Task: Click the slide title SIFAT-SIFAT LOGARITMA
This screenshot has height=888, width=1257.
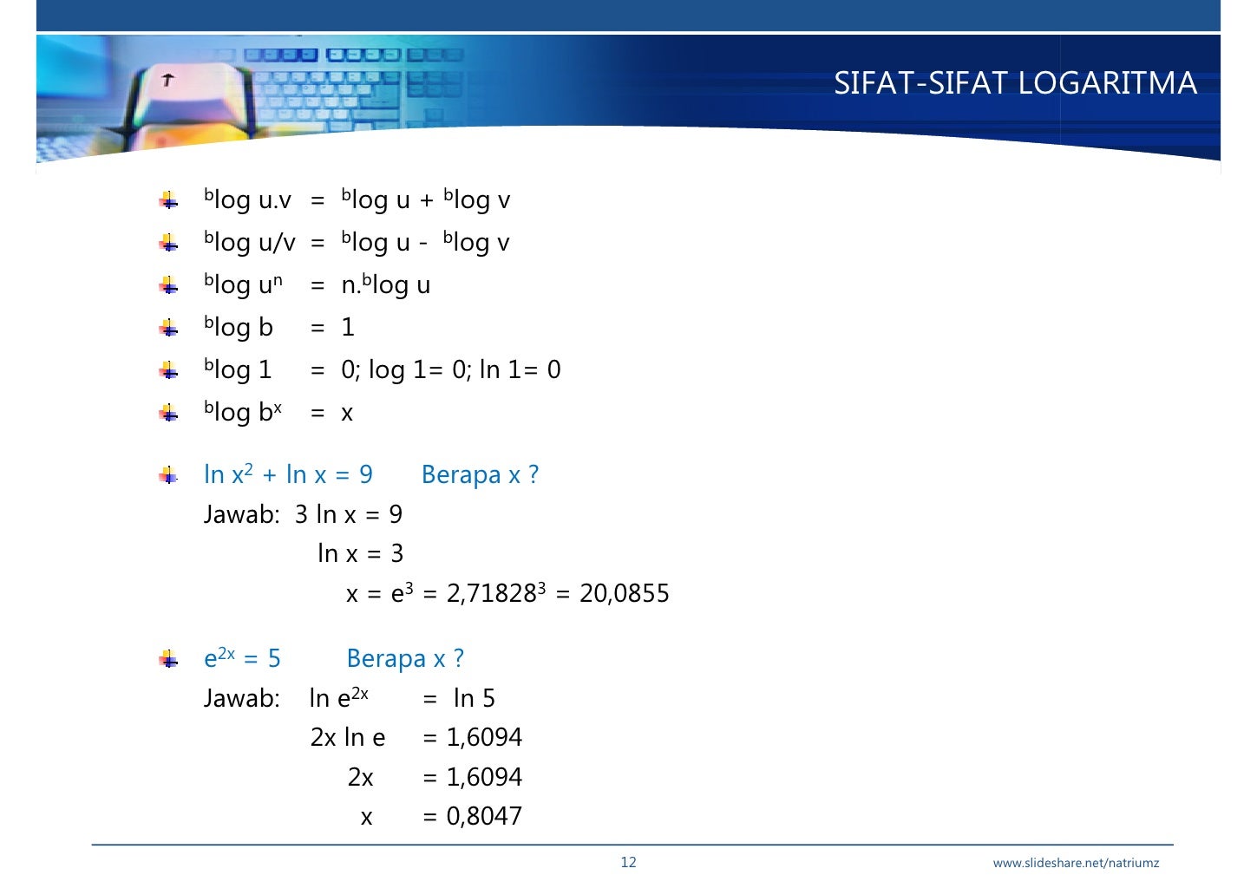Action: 1015,83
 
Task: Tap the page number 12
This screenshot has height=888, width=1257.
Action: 628,862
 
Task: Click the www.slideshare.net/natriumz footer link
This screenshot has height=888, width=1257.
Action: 1076,863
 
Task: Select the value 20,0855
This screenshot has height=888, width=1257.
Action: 625,594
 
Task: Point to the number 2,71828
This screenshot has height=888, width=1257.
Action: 492,594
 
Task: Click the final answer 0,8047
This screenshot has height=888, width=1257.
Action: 484,816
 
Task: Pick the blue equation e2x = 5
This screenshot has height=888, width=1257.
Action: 242,658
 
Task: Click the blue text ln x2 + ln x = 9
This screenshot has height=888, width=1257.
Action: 288,474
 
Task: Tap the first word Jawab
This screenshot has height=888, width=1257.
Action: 240,515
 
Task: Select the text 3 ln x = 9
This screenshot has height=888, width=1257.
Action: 349,515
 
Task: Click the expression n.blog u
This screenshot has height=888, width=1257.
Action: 385,284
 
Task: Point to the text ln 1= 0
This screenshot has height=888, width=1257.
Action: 520,370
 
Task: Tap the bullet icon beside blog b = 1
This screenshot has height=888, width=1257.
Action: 169,328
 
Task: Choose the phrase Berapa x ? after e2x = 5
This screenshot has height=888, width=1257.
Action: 405,658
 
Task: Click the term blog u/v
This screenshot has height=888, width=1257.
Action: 249,242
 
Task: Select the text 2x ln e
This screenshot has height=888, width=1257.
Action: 348,737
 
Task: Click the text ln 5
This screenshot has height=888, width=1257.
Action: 474,698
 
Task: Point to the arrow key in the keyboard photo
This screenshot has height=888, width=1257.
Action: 167,81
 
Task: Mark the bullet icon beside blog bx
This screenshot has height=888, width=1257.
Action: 169,413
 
